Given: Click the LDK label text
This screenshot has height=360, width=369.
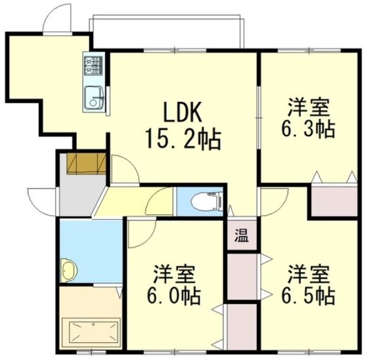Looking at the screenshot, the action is (x=183, y=112).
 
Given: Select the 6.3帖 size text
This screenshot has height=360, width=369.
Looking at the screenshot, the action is (x=308, y=130).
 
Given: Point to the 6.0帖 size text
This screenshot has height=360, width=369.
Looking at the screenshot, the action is (x=174, y=296).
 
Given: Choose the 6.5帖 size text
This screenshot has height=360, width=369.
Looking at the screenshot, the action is (x=308, y=296).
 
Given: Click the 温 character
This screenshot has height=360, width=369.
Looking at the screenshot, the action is (x=242, y=236).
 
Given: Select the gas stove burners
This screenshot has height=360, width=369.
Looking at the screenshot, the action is (x=94, y=65).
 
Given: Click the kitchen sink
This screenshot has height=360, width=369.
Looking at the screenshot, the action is (x=94, y=98).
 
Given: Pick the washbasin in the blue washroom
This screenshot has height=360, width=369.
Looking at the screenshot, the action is (x=69, y=270).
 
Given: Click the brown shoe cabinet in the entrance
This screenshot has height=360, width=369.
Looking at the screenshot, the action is (x=87, y=164).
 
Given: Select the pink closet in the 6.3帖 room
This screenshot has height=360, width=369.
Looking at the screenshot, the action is (x=334, y=201).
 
